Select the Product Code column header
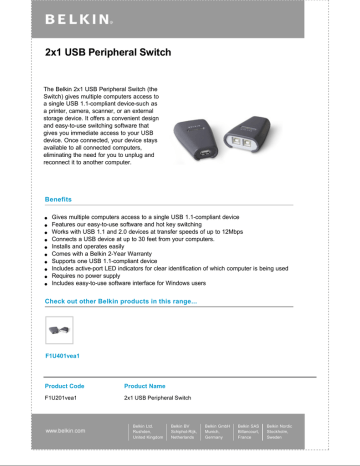click(x=70, y=384)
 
